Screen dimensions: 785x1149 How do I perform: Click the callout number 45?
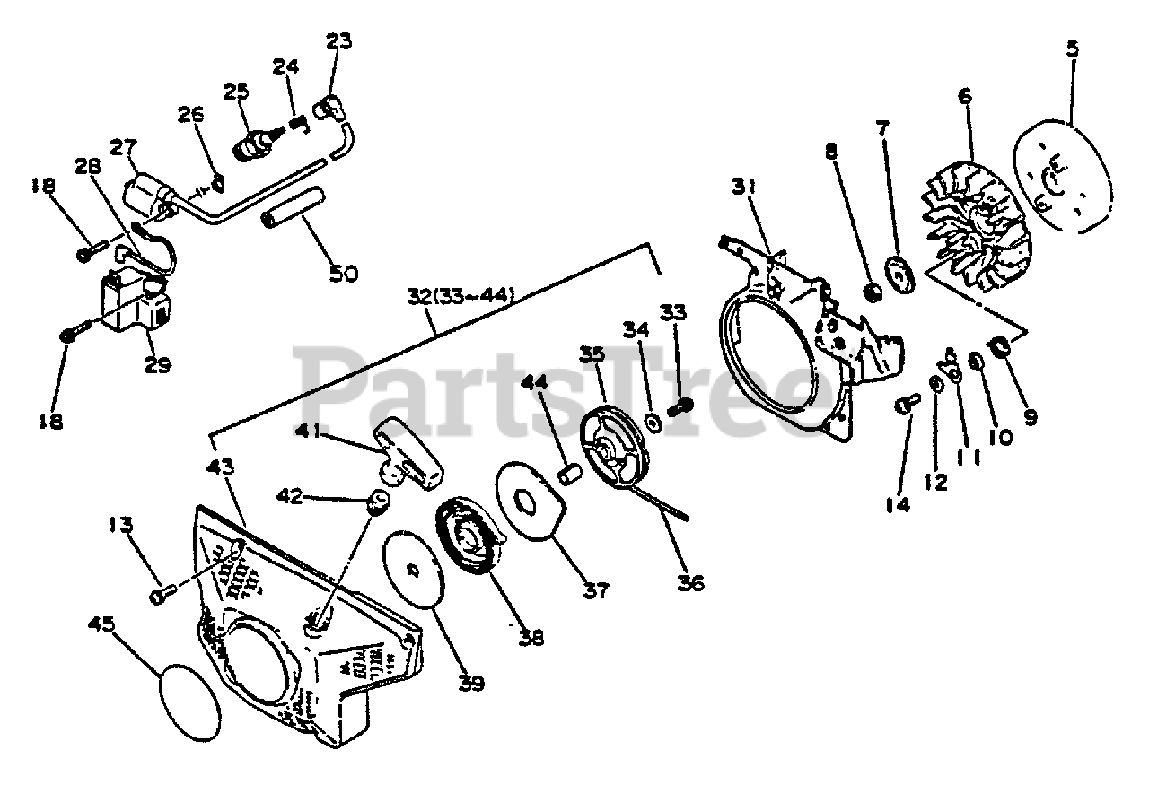(x=101, y=623)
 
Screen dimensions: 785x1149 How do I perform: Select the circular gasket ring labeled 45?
(x=189, y=702)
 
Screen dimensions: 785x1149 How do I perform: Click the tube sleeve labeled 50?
(x=290, y=219)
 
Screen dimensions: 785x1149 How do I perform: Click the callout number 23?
(x=339, y=41)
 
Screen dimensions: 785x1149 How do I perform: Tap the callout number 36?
(x=690, y=582)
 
